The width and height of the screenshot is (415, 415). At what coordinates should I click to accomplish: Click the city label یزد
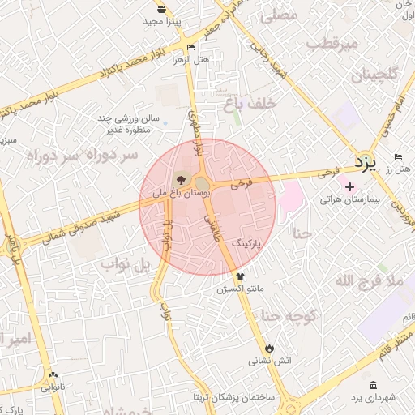click(366, 163)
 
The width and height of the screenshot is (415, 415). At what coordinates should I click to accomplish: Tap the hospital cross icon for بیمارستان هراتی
click(349, 187)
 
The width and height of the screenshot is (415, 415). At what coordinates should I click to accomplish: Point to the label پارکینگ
click(248, 242)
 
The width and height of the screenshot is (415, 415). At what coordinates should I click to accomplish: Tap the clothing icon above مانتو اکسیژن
click(239, 276)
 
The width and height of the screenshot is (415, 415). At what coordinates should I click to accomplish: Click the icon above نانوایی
click(53, 375)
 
